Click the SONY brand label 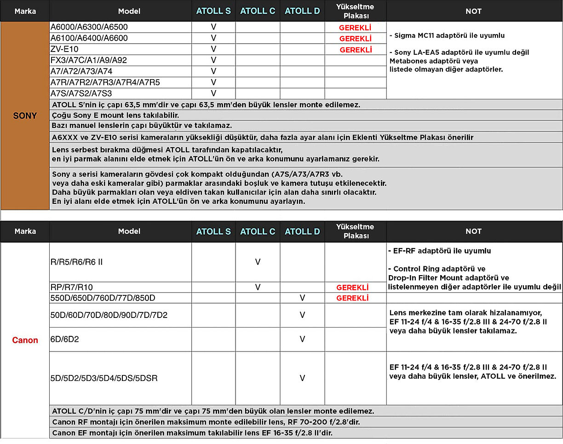(25, 116)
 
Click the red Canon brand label (25, 340)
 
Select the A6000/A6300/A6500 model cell (89, 27)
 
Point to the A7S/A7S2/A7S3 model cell (81, 93)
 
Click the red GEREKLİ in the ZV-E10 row (356, 50)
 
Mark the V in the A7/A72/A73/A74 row (213, 71)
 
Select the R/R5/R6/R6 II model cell (76, 262)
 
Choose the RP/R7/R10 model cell (71, 287)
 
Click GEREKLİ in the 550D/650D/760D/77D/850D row (352, 298)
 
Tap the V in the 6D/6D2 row (302, 339)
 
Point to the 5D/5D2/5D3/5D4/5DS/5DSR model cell (104, 378)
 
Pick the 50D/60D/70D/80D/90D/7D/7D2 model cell (109, 315)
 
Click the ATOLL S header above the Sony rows (213, 11)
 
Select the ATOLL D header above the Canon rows (302, 231)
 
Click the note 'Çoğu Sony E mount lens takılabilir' (115, 115)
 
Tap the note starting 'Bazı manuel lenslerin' (142, 125)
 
